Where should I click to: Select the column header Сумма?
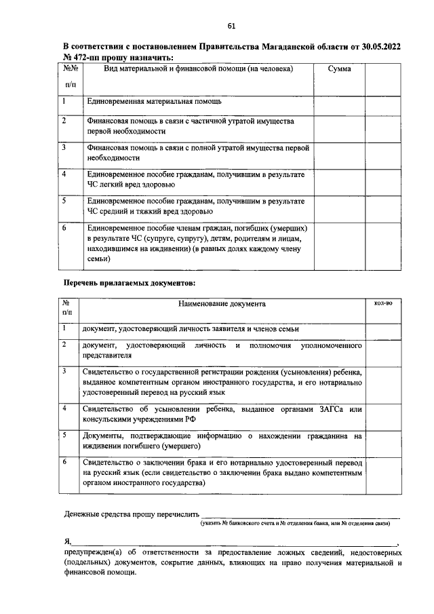click(338, 69)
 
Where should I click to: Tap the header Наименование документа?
click(222, 305)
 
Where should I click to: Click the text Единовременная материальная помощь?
click(155, 101)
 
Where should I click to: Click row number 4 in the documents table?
click(64, 409)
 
